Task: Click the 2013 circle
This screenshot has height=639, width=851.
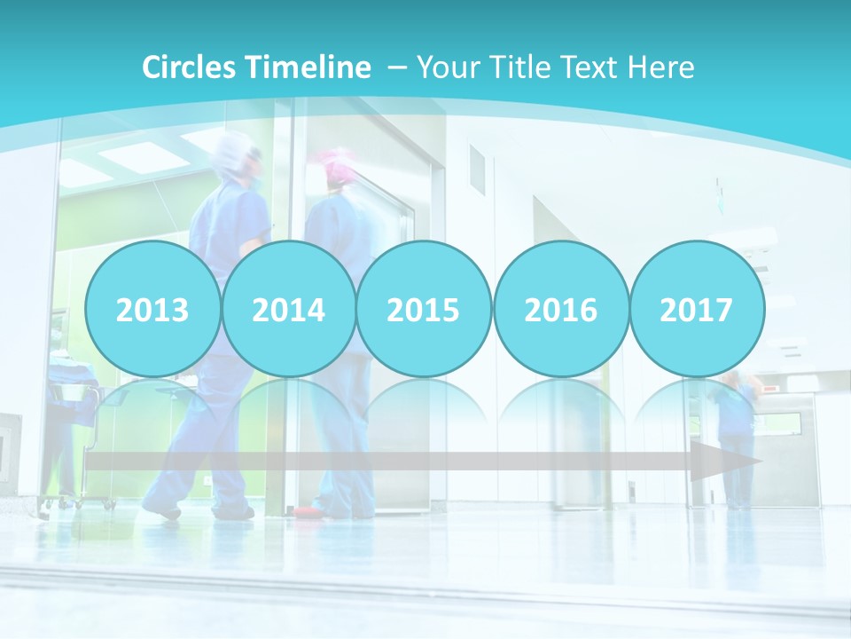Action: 152,309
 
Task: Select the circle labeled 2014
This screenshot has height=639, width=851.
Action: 288,309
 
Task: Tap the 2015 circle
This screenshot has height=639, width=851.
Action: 424,309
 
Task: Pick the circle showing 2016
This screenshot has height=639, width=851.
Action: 560,309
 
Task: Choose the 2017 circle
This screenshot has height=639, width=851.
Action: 696,309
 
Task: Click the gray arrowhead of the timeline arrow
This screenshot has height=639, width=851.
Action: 723,461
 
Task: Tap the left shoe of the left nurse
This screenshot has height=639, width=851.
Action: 162,510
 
